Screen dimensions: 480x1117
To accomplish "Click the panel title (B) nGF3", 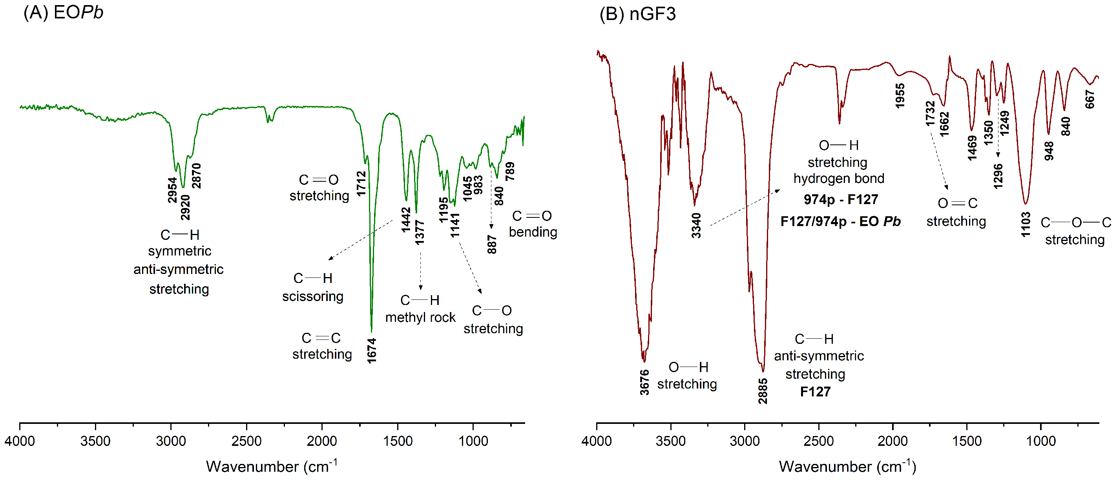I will pyautogui.click(x=637, y=14).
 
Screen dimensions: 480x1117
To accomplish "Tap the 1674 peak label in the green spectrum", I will pyautogui.click(x=372, y=351).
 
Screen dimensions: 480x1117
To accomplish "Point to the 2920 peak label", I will pyautogui.click(x=185, y=207).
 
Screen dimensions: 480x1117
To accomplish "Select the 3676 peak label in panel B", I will pyautogui.click(x=644, y=382).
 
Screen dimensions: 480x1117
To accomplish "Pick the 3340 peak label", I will pyautogui.click(x=696, y=225).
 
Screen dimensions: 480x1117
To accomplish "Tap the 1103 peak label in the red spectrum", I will pyautogui.click(x=1026, y=224).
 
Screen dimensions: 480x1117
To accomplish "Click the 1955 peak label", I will pyautogui.click(x=900, y=96).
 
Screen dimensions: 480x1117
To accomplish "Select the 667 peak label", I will pyautogui.click(x=1090, y=99).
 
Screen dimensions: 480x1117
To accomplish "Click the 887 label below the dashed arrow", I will pyautogui.click(x=492, y=245).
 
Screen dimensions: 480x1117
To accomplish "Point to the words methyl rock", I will pyautogui.click(x=420, y=318).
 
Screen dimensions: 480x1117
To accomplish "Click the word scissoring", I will pyautogui.click(x=313, y=297).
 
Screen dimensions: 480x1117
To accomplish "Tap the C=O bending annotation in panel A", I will pyautogui.click(x=533, y=224).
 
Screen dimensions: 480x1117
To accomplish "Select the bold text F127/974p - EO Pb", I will pyautogui.click(x=840, y=222).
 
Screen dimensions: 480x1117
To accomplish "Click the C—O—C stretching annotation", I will pyautogui.click(x=1075, y=231).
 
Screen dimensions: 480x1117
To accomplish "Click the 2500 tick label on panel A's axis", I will pyautogui.click(x=246, y=441).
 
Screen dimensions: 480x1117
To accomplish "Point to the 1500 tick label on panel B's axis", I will pyautogui.click(x=967, y=441).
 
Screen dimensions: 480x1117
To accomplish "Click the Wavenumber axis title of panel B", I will pyautogui.click(x=847, y=467).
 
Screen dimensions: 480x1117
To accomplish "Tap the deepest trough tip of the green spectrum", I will pyautogui.click(x=372, y=330).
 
